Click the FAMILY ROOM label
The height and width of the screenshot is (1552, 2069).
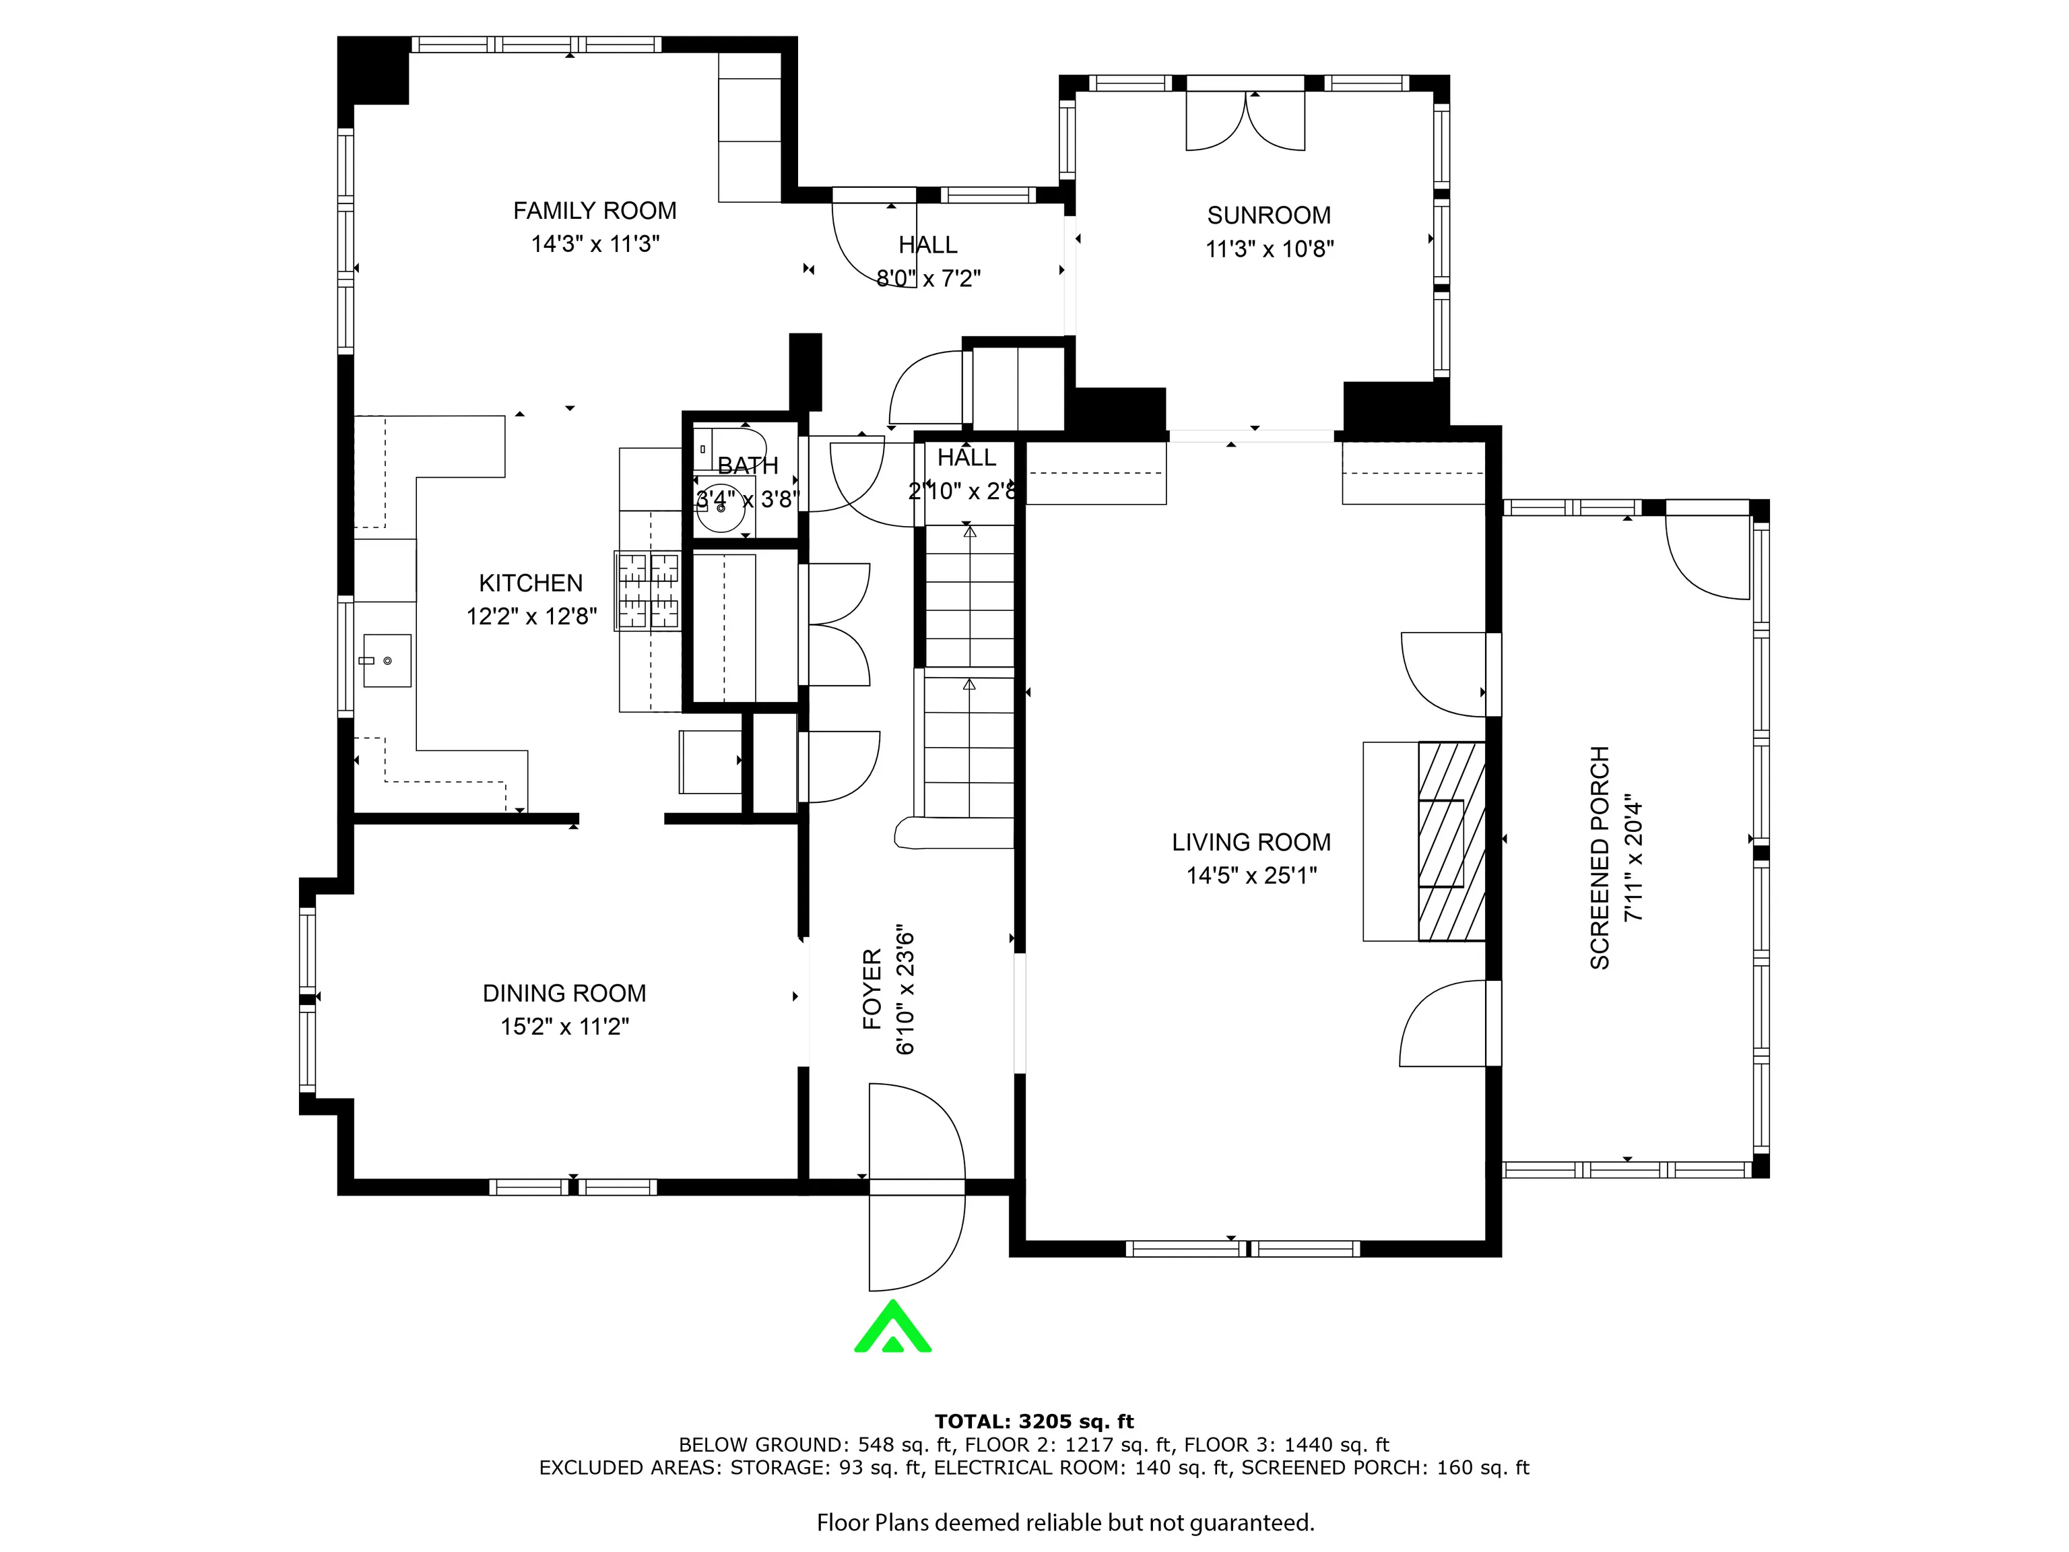coord(595,210)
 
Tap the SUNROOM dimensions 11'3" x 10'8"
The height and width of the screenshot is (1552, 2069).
coord(1270,249)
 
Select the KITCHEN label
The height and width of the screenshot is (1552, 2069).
coord(530,583)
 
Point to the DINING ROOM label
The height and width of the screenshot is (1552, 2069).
coord(564,993)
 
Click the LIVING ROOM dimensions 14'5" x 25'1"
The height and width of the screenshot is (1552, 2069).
coord(1251,876)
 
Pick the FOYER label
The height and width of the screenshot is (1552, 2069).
coord(872,989)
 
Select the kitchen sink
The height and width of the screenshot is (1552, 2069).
coord(387,660)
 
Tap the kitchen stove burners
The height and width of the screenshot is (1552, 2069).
coord(648,589)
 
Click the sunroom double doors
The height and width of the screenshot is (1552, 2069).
coord(1245,121)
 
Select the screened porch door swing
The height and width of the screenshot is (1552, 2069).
coord(1707,558)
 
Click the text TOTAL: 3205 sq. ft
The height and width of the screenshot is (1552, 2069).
coord(1034,1422)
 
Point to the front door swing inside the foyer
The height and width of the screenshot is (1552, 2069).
coord(917,1131)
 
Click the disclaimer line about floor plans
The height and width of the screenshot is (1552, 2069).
coord(1065,1523)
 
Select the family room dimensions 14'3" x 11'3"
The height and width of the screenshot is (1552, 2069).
coord(595,244)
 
